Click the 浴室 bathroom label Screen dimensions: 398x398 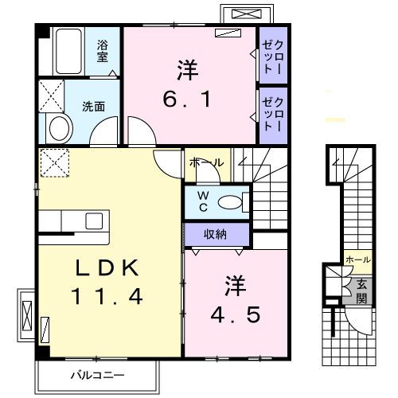click(103, 51)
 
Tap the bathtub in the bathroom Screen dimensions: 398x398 click(68, 51)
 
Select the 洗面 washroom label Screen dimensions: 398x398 click(93, 107)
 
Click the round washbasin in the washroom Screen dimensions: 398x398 click(59, 128)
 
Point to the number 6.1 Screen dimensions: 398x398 click(186, 99)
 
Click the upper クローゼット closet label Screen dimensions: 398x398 click(273, 57)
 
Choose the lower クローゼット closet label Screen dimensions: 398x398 click(273, 114)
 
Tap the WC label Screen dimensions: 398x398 click(203, 201)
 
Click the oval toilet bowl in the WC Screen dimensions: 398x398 click(230, 203)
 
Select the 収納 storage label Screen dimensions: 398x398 click(215, 234)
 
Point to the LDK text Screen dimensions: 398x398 click(107, 267)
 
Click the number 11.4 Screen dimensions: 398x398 click(107, 296)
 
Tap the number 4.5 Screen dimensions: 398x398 click(236, 314)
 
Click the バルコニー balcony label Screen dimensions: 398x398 click(97, 375)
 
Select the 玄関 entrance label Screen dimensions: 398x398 click(361, 292)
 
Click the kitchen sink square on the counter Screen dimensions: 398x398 click(94, 220)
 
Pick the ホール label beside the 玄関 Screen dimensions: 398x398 click(358, 259)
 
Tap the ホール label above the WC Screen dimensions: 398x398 click(207, 162)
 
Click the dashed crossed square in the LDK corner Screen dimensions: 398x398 click(55, 162)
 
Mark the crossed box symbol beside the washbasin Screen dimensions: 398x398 click(52, 96)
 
